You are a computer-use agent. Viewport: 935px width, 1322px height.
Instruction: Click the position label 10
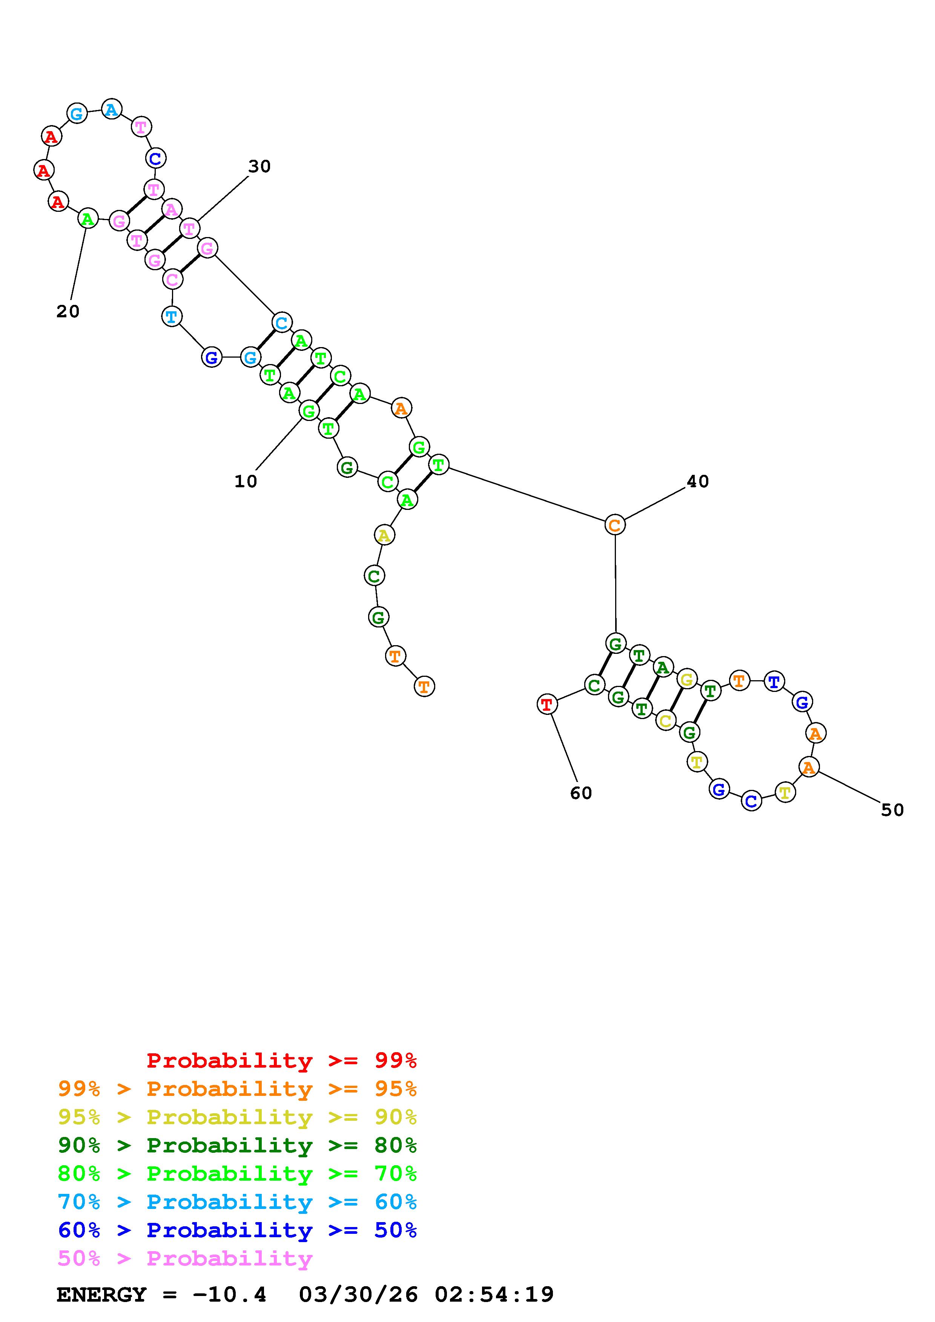pyautogui.click(x=246, y=481)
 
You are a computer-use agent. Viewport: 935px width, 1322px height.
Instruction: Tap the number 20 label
pyautogui.click(x=68, y=312)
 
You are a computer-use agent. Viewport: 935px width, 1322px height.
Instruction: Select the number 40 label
pyautogui.click(x=698, y=481)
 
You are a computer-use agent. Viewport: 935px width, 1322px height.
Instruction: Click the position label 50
pyautogui.click(x=892, y=810)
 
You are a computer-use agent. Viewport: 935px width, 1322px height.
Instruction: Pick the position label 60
pyautogui.click(x=581, y=793)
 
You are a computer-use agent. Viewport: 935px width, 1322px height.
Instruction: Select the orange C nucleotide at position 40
pyautogui.click(x=615, y=525)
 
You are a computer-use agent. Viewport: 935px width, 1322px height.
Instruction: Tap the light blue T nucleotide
pyautogui.click(x=172, y=316)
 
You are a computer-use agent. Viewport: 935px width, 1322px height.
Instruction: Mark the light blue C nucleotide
pyautogui.click(x=281, y=323)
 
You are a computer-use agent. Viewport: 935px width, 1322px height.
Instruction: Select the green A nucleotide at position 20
pyautogui.click(x=88, y=219)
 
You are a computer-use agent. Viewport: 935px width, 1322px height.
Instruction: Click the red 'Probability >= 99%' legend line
pyautogui.click(x=281, y=1060)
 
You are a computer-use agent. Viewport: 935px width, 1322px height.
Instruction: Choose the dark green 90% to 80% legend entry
pyautogui.click(x=237, y=1146)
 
